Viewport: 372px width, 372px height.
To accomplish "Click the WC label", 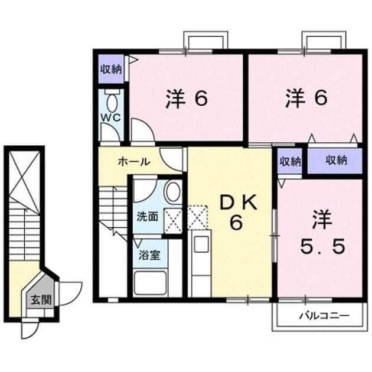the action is point(111,118).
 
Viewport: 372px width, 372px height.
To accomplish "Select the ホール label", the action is point(134,162).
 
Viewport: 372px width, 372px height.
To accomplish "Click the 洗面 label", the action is point(148,216).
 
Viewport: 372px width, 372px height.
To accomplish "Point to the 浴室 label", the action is point(149,255).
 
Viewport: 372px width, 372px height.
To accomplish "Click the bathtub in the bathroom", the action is point(150,283).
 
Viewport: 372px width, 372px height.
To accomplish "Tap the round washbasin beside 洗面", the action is point(174,192).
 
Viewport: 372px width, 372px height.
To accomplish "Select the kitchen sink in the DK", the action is point(201,244).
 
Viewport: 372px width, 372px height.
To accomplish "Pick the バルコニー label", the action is point(324,316).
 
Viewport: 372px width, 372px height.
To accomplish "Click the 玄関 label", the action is point(41,300).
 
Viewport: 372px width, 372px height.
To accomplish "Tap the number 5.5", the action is point(322,246).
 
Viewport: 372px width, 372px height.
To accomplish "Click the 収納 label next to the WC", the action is point(111,69).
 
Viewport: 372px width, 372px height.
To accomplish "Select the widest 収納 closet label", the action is point(336,161).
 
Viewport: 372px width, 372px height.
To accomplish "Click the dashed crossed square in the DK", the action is point(197,217).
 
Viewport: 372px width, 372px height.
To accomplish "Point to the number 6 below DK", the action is point(236,223).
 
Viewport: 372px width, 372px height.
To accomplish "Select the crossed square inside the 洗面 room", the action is point(174,221).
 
